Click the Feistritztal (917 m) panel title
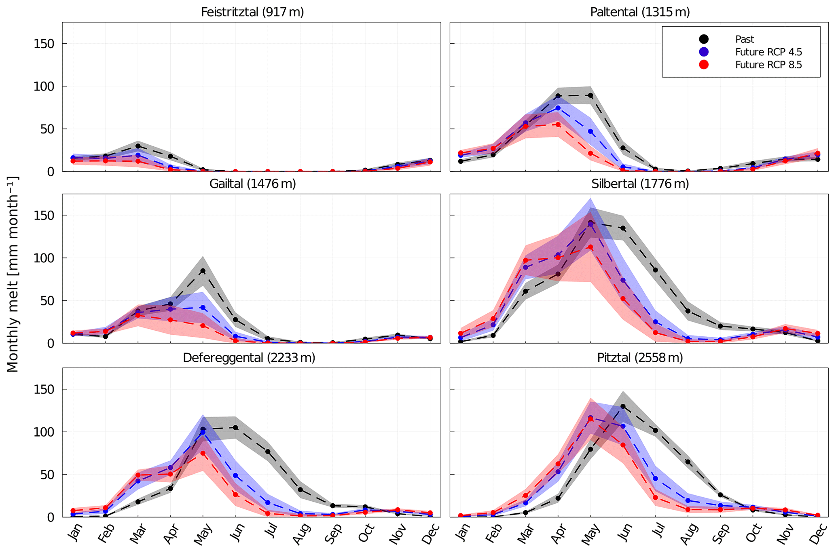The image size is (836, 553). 252,12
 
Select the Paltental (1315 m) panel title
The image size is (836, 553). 640,12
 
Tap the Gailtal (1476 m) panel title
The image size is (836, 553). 252,184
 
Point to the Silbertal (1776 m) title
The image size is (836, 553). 640,184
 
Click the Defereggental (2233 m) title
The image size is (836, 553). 249,358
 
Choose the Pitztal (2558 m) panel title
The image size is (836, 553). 640,358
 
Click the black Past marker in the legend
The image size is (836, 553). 704,39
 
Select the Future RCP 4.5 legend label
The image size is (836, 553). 768,52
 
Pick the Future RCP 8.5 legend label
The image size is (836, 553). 768,65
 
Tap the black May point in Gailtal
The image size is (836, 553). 203,271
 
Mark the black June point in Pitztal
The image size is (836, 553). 623,406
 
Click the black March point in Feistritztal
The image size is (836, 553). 138,146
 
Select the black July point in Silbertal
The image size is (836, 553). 655,270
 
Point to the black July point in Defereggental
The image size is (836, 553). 268,452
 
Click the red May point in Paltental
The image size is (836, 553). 590,153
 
